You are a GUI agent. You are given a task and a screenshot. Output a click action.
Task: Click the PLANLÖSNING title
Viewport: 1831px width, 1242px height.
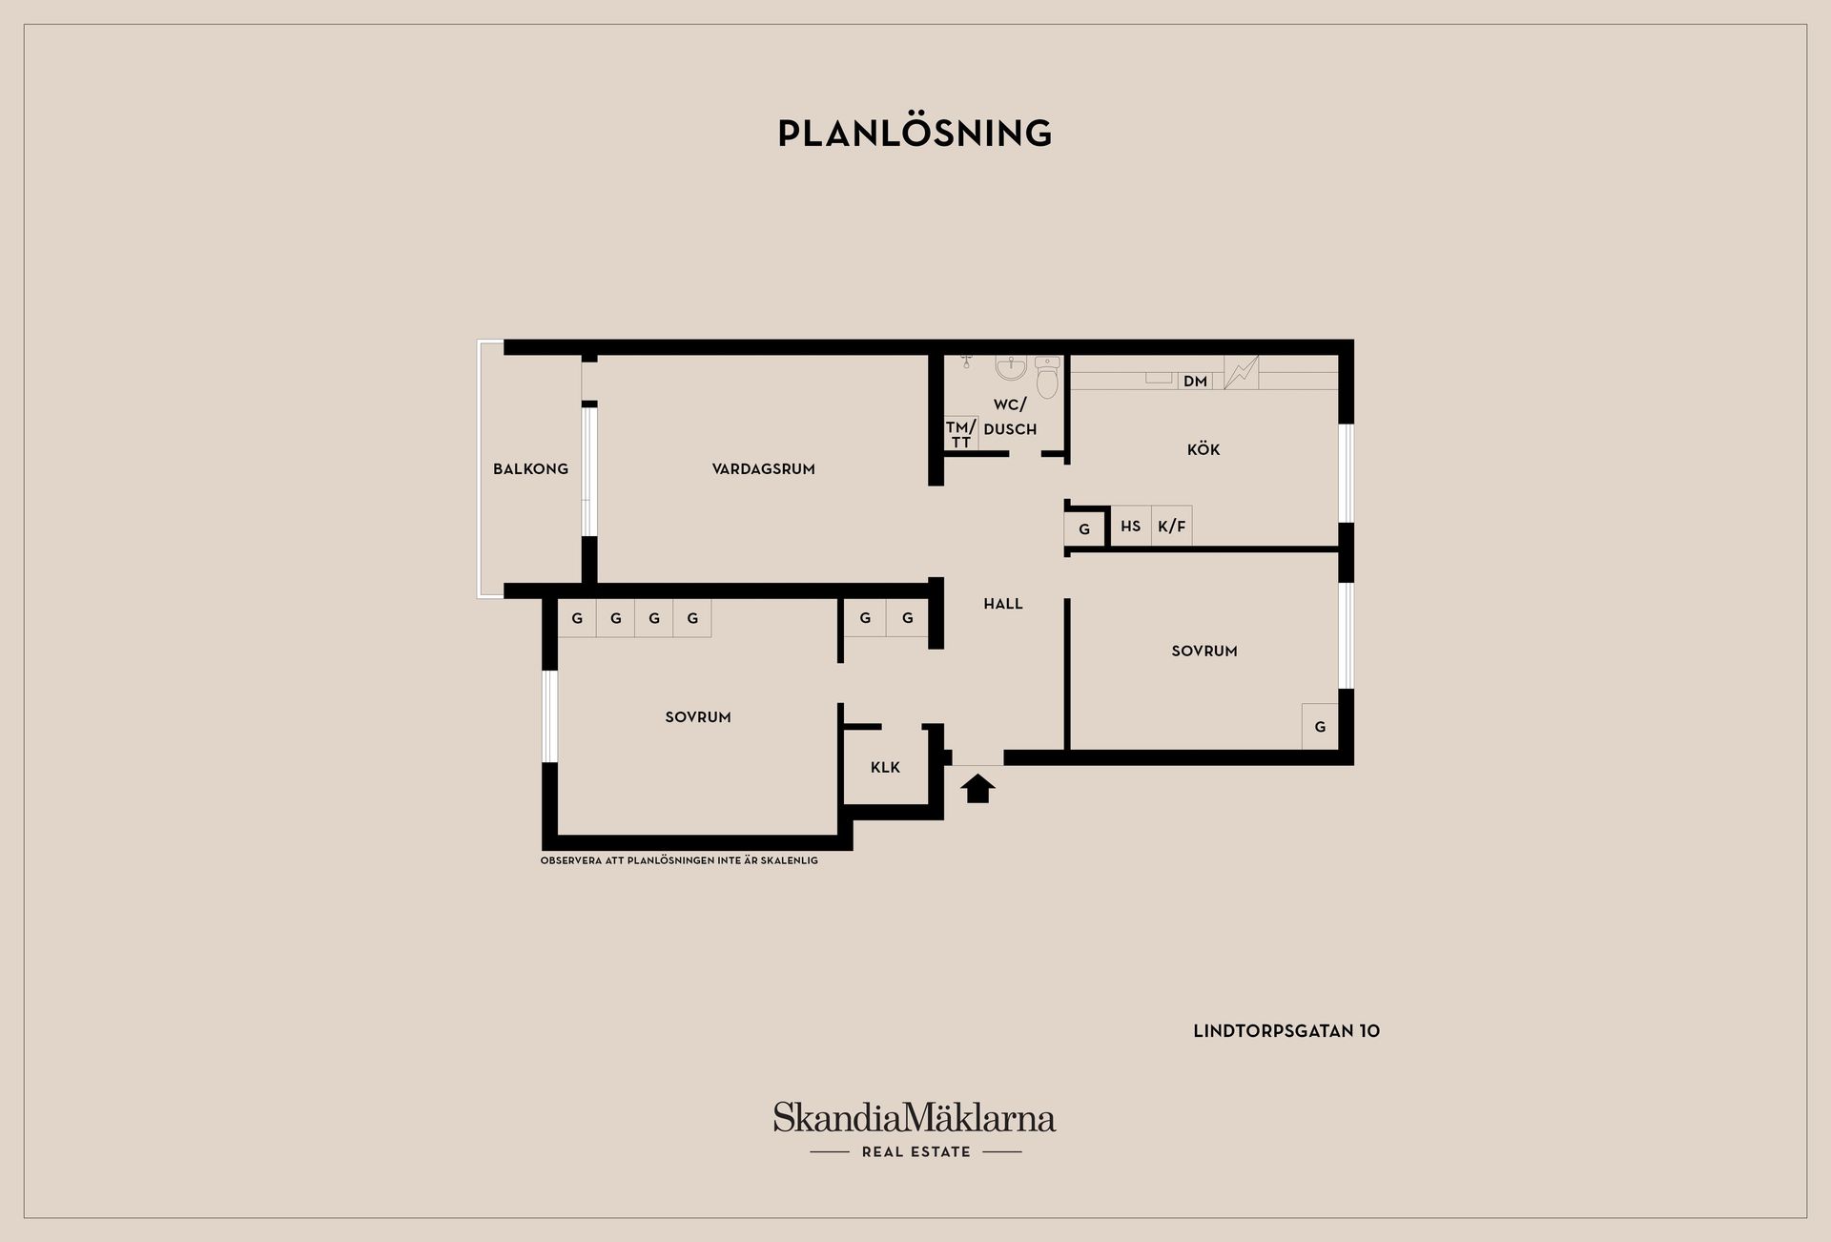tap(915, 133)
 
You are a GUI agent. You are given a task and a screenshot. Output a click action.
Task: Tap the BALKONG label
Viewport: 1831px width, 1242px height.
tap(530, 468)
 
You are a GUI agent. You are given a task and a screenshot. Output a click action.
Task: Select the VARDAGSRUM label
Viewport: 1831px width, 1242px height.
tap(763, 468)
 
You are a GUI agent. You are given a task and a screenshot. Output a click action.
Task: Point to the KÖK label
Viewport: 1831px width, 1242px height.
tap(1204, 449)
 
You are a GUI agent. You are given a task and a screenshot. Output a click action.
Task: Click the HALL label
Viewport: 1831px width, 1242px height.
tap(1003, 604)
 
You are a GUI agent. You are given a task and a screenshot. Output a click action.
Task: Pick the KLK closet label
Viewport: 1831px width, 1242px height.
tap(885, 767)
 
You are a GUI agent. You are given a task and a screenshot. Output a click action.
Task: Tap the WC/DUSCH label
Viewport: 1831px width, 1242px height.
tap(1010, 417)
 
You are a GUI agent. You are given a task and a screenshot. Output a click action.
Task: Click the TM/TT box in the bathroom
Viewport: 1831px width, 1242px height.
tap(961, 434)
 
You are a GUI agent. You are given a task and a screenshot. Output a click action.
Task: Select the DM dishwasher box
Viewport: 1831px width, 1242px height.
tap(1195, 381)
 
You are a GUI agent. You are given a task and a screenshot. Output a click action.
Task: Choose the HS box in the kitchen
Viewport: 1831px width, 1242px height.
tap(1131, 526)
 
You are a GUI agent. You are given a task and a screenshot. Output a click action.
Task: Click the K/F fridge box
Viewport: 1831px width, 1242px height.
tap(1172, 526)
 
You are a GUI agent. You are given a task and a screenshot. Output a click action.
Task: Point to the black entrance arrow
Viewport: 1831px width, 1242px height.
tap(978, 789)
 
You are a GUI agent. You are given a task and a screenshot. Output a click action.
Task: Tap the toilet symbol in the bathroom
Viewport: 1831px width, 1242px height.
tap(1047, 377)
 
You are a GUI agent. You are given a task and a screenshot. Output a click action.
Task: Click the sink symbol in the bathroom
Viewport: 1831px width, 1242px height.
tap(1011, 367)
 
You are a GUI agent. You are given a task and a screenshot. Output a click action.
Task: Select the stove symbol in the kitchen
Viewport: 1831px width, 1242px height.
tap(1241, 372)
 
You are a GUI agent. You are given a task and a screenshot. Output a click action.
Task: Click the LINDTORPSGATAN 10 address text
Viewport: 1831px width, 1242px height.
tap(1286, 1031)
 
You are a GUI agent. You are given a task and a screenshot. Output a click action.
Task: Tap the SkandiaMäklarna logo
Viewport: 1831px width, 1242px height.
tap(915, 1118)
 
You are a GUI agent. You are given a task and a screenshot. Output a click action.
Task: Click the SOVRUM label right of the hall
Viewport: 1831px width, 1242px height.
tap(1204, 651)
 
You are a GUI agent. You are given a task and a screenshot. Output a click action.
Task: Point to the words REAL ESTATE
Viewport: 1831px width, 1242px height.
tap(915, 1151)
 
